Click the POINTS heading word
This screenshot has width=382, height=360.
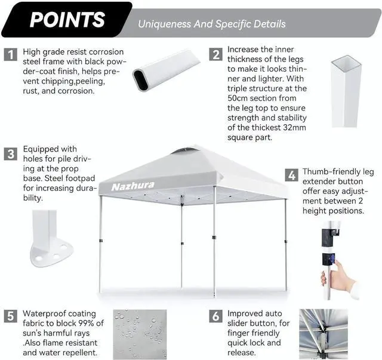point(67,19)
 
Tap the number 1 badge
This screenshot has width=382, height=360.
point(11,55)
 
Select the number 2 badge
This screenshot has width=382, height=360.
point(215,54)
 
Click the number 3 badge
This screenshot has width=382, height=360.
point(11,154)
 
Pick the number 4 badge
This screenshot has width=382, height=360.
point(291,176)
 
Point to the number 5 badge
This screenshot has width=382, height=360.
point(11,315)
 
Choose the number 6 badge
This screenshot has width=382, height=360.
point(215,316)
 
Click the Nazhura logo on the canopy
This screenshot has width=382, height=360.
point(133,186)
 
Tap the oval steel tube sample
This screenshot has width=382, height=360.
point(165,71)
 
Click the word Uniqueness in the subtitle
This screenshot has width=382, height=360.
point(166,24)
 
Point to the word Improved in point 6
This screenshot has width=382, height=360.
point(247,313)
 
